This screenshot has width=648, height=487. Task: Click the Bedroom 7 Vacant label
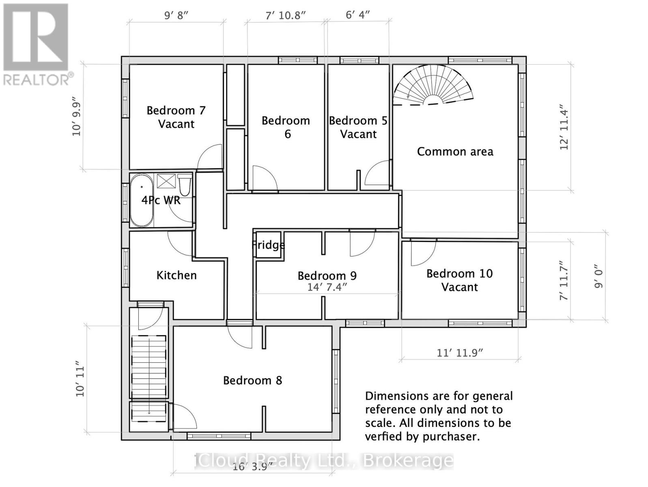176,117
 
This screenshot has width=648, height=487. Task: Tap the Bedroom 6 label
286,127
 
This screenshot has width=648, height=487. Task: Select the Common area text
455,152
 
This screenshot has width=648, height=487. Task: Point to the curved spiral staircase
433,86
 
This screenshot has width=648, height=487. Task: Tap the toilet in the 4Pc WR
185,185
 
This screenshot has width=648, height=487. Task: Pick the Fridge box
268,245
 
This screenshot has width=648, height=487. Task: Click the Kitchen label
177,276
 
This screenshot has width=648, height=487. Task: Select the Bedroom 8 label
253,380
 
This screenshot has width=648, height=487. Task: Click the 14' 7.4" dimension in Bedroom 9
327,287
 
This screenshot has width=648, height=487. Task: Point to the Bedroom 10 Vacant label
460,280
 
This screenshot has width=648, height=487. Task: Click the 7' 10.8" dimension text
286,15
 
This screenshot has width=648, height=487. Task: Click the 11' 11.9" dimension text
460,353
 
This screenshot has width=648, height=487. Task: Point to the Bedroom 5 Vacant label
358,127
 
